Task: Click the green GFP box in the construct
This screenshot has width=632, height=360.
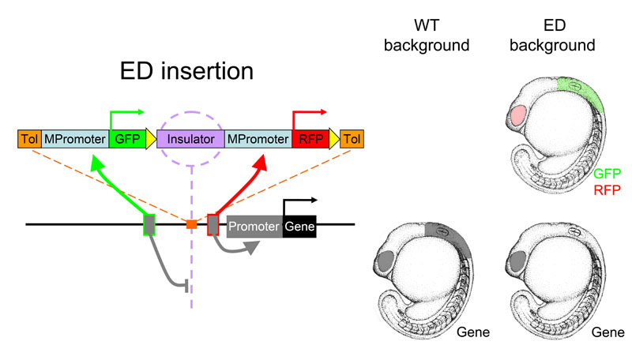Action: click(127, 139)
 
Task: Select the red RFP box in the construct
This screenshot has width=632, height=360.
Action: click(310, 139)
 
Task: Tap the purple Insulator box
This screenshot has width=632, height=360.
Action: click(190, 139)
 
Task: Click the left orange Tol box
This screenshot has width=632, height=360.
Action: click(29, 139)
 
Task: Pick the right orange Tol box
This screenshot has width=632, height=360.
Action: click(352, 139)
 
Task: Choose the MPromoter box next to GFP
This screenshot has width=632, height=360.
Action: click(75, 139)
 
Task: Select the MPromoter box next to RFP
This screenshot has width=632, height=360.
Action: click(258, 139)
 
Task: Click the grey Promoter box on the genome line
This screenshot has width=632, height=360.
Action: click(254, 227)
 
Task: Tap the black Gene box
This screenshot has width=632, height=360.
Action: click(299, 227)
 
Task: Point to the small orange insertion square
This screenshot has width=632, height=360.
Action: click(191, 224)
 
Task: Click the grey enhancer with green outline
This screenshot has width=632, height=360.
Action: click(149, 225)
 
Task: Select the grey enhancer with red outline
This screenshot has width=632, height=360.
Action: click(213, 225)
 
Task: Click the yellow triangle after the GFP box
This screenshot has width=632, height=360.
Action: click(151, 139)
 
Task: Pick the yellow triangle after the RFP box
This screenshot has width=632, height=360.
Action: click(334, 139)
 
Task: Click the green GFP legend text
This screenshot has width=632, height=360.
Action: click(607, 174)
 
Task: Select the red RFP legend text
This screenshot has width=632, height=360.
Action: click(607, 189)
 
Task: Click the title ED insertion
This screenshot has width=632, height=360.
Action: click(186, 71)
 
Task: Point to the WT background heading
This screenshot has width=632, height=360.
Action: click(427, 35)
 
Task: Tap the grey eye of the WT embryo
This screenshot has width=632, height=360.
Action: click(387, 261)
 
